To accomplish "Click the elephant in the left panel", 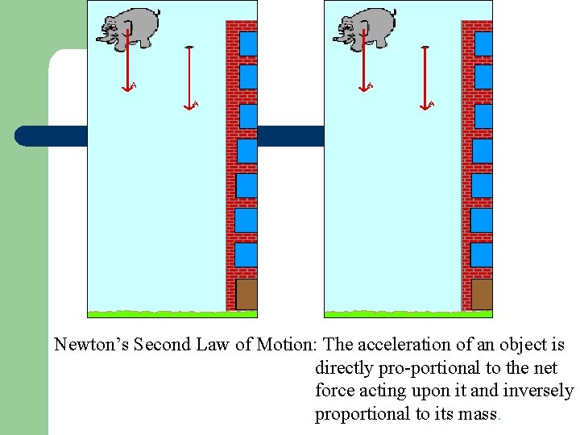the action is [x=129, y=29].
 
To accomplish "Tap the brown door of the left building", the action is [x=246, y=294].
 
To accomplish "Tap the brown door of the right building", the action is [x=482, y=294].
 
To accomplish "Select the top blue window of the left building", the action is [x=248, y=43].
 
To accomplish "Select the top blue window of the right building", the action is [x=483, y=43].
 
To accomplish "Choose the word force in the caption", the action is [x=334, y=391].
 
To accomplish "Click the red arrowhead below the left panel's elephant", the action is [x=126, y=88].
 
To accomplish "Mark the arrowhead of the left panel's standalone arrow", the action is [x=188, y=105].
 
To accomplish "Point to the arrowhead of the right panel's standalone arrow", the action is [x=425, y=105].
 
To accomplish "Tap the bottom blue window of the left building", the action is [x=246, y=255].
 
